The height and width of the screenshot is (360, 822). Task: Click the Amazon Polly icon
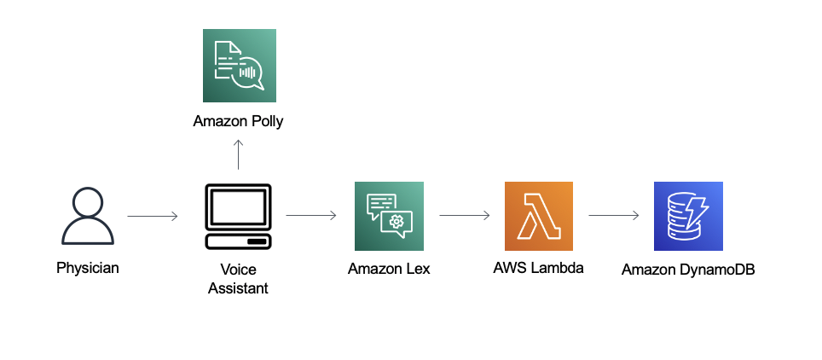point(240,66)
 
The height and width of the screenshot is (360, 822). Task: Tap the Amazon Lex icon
point(389,216)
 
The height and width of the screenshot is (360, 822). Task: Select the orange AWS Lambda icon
point(539,216)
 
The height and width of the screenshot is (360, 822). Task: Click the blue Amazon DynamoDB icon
point(688,216)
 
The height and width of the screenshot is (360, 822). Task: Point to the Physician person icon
point(88,216)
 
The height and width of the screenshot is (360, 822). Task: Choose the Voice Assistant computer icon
point(238,216)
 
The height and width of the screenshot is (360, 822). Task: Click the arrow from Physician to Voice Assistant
point(153,216)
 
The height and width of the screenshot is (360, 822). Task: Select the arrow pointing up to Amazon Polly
point(238,154)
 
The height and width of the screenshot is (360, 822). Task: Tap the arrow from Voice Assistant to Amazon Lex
point(311,216)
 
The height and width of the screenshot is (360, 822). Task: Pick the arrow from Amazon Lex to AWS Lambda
point(465,216)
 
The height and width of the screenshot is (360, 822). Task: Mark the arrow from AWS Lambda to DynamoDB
point(614,216)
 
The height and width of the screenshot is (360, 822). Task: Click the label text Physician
point(88,268)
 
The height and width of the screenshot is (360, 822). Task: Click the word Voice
point(238,270)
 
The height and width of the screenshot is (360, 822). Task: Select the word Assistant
point(238,288)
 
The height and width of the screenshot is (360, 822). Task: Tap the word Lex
point(418,269)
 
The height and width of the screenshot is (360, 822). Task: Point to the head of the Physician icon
point(88,201)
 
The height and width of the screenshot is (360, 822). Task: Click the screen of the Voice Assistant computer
point(238,206)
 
